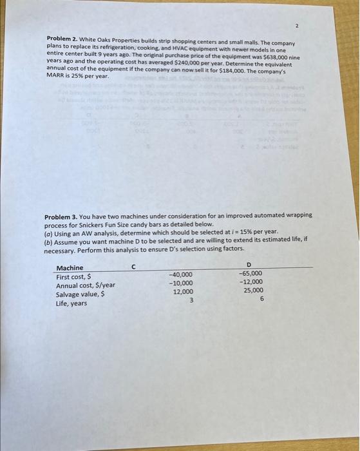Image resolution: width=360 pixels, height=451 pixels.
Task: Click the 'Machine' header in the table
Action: [70, 268]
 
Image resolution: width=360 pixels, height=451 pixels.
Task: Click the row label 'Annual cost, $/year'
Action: [86, 285]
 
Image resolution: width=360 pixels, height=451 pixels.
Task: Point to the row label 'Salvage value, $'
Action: [81, 294]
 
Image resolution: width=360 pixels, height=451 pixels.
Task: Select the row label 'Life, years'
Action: [71, 303]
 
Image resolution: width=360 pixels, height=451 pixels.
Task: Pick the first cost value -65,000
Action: [250, 273]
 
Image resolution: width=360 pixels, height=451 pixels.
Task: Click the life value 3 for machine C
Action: [191, 300]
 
